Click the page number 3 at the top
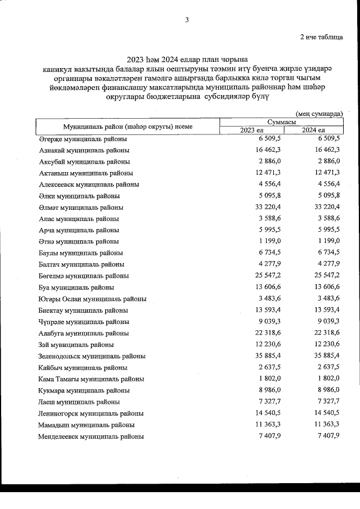click(x=187, y=21)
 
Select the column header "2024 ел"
click(x=313, y=131)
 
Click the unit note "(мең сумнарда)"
click(x=319, y=113)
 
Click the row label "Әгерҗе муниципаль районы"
click(x=83, y=139)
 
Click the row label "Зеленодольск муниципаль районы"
click(x=92, y=356)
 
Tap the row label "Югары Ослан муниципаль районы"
click(x=93, y=299)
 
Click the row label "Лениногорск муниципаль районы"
click(x=91, y=413)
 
